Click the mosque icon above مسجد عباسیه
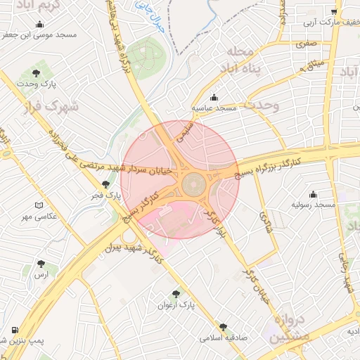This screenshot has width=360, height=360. tap(214, 98)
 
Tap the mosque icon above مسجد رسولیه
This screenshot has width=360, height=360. tap(313, 194)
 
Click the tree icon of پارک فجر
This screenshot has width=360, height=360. tap(105, 184)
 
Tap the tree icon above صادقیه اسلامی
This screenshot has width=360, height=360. tap(223, 327)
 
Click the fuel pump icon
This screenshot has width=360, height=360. tap(15, 330)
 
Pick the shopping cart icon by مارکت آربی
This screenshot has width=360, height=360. tap(335, 12)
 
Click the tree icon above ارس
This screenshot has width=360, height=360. tap(44, 264)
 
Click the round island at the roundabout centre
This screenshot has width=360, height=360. tap(194, 186)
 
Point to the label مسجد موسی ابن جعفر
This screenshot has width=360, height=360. tap(38, 34)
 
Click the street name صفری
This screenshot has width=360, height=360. tap(307, 44)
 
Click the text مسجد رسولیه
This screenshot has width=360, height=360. tap(314, 205)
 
